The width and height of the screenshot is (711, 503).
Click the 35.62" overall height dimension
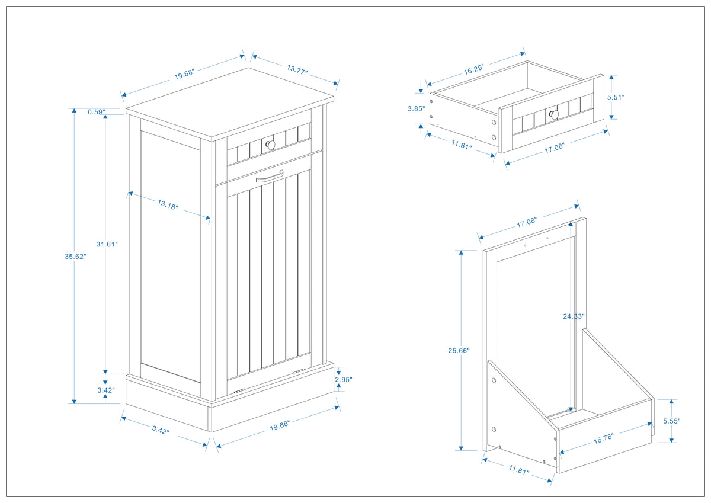[x=76, y=257]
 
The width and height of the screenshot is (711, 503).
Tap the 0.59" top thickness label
[x=96, y=112]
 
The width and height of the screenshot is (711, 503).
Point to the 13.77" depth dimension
[x=297, y=69]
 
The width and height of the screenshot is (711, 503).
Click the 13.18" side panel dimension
[x=168, y=205]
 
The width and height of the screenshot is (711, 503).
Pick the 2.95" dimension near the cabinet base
[x=343, y=380]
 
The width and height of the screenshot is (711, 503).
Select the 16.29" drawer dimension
[x=474, y=69]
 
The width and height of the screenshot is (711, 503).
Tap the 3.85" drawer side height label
[x=416, y=109]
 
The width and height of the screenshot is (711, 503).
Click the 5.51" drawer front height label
[x=615, y=97]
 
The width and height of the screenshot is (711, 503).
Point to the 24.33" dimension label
[x=574, y=316]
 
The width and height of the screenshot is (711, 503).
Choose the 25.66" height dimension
[x=459, y=350]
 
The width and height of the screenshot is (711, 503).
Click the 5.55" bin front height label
[x=671, y=421]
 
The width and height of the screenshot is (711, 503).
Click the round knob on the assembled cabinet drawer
[x=270, y=144]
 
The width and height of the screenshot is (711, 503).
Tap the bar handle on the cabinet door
[x=270, y=176]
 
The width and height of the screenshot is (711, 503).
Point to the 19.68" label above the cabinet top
[x=184, y=75]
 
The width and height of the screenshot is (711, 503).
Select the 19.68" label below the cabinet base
[x=279, y=425]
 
